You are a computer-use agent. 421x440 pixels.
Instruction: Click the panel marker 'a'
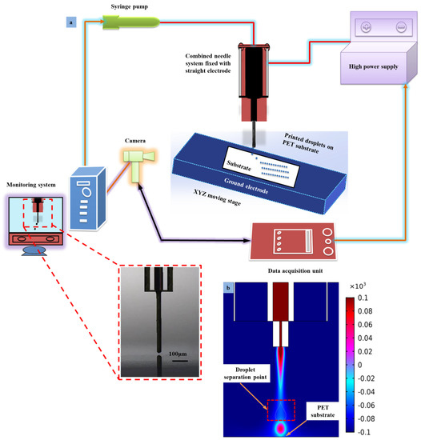(70, 23)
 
